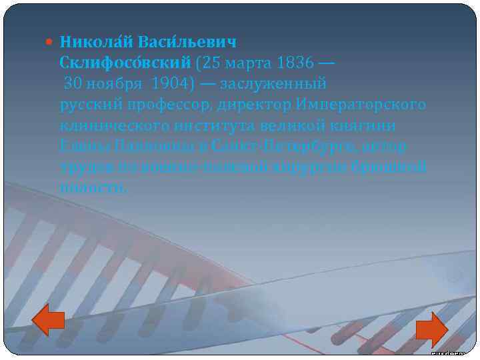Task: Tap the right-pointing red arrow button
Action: [431, 329]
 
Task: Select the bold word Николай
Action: [96, 42]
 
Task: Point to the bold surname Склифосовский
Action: [126, 63]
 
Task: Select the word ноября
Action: [117, 84]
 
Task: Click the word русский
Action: [91, 105]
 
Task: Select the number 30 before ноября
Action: [73, 84]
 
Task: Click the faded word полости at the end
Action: [91, 187]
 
